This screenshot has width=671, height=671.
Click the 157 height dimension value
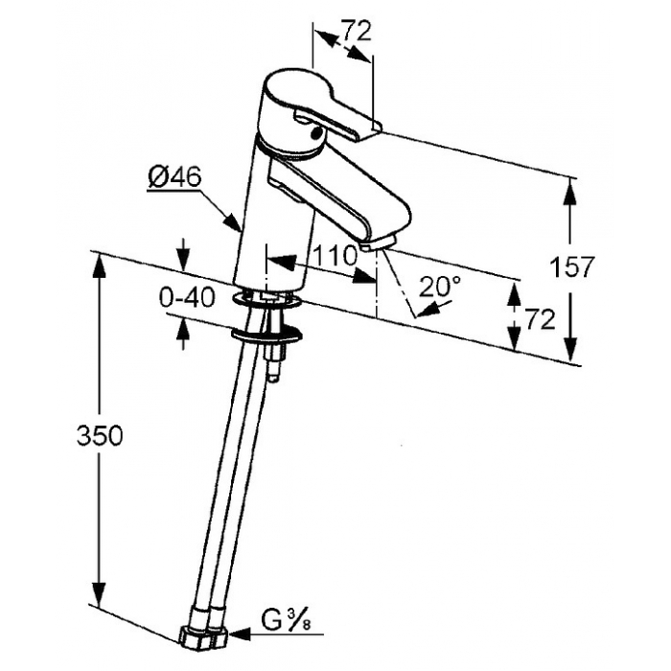572,267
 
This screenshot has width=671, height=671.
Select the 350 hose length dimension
100,435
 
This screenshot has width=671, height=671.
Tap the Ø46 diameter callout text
174,176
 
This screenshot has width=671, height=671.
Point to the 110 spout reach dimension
335,256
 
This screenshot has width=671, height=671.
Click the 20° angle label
440,286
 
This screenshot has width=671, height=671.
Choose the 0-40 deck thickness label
187,297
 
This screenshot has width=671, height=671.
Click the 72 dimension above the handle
356,31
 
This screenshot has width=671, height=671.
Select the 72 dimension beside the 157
540,319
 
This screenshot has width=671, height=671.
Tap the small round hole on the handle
316,134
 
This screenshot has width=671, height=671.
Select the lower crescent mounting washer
266,335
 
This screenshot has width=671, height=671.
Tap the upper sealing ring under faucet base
266,298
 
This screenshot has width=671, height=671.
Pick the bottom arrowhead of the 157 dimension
570,350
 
